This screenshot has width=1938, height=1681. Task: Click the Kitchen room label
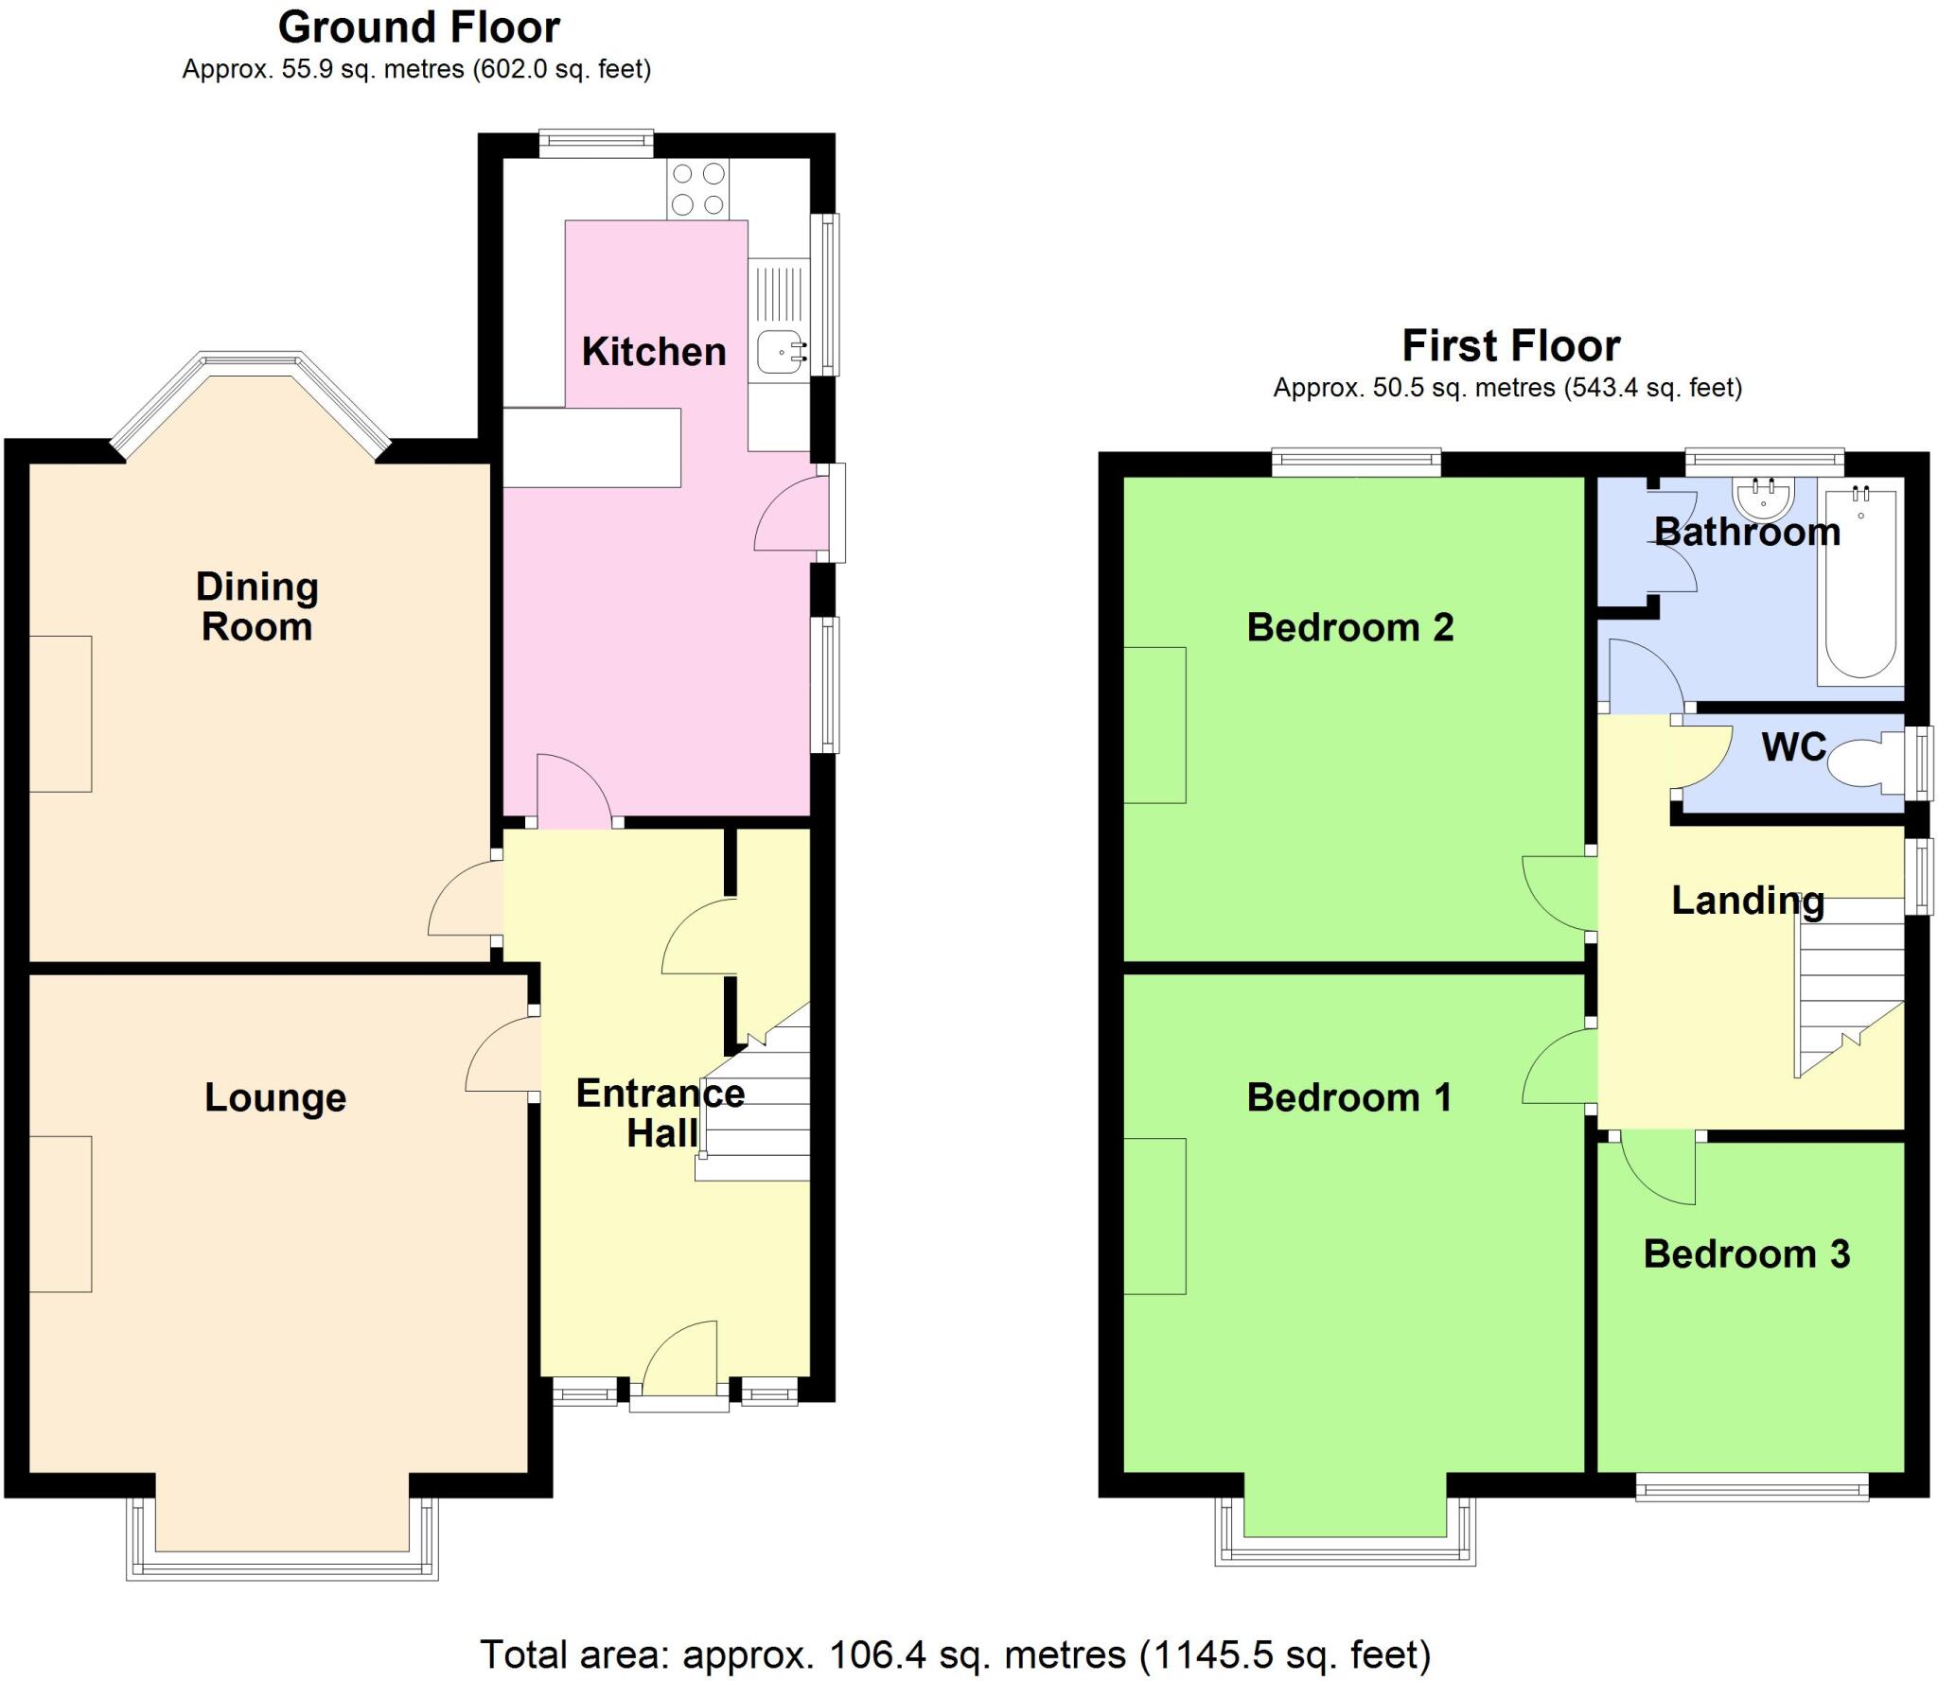tap(653, 352)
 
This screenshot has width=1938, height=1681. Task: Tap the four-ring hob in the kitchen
tap(697, 189)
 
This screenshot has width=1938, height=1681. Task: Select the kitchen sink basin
tap(779, 353)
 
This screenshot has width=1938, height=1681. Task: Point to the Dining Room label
tap(256, 606)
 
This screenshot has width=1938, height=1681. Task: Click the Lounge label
tap(275, 1097)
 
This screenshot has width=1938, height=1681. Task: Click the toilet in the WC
tap(1856, 762)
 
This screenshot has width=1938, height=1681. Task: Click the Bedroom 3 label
tap(1746, 1254)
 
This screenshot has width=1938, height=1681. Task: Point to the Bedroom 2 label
tap(1349, 627)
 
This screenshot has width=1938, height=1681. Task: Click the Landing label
tap(1747, 900)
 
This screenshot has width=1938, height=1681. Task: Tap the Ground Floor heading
tap(418, 27)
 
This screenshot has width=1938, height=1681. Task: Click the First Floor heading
tap(1510, 345)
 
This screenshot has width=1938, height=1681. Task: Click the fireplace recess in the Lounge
tap(61, 1213)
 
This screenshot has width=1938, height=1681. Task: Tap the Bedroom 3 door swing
tap(1658, 1170)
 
